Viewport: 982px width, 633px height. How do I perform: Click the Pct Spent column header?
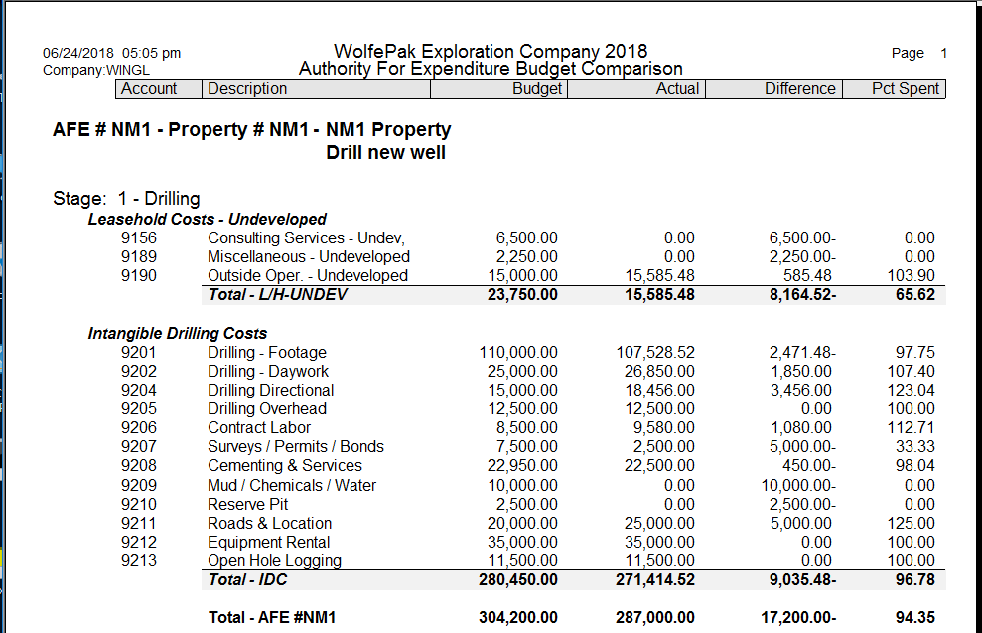[905, 89]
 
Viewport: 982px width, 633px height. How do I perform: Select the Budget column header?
[536, 89]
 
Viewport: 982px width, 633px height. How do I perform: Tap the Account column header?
[149, 89]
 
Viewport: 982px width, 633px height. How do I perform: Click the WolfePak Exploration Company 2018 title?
[491, 51]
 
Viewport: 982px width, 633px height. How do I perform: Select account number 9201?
[139, 353]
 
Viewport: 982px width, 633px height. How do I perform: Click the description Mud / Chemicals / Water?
[292, 485]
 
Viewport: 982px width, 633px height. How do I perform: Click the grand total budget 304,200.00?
[517, 617]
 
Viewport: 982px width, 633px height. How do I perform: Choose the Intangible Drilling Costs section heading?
[178, 334]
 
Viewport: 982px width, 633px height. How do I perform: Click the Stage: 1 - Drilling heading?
[126, 199]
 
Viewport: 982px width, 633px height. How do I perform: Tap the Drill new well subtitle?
[385, 153]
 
